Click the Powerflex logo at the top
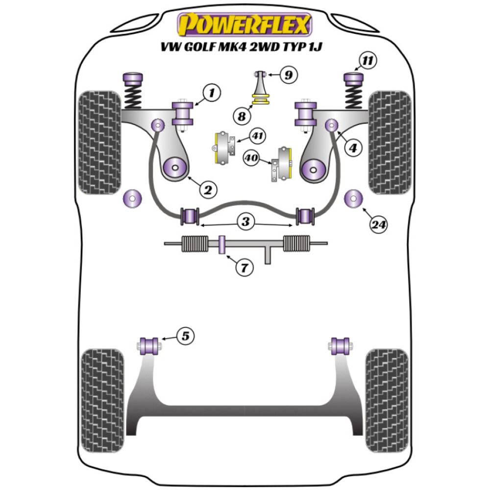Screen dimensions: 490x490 [x=245, y=24]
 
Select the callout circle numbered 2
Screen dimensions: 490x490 [x=207, y=189]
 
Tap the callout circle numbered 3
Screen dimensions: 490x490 [x=245, y=222]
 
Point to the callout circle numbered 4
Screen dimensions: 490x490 [x=353, y=148]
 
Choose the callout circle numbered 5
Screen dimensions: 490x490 [x=186, y=336]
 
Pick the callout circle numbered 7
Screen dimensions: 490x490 [x=245, y=268]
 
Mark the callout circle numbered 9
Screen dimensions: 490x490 [x=289, y=75]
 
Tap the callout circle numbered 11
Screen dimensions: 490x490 [x=367, y=61]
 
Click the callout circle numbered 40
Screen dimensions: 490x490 [x=252, y=158]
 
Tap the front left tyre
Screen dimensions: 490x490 [x=100, y=142]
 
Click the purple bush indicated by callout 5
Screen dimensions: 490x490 [x=148, y=345]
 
